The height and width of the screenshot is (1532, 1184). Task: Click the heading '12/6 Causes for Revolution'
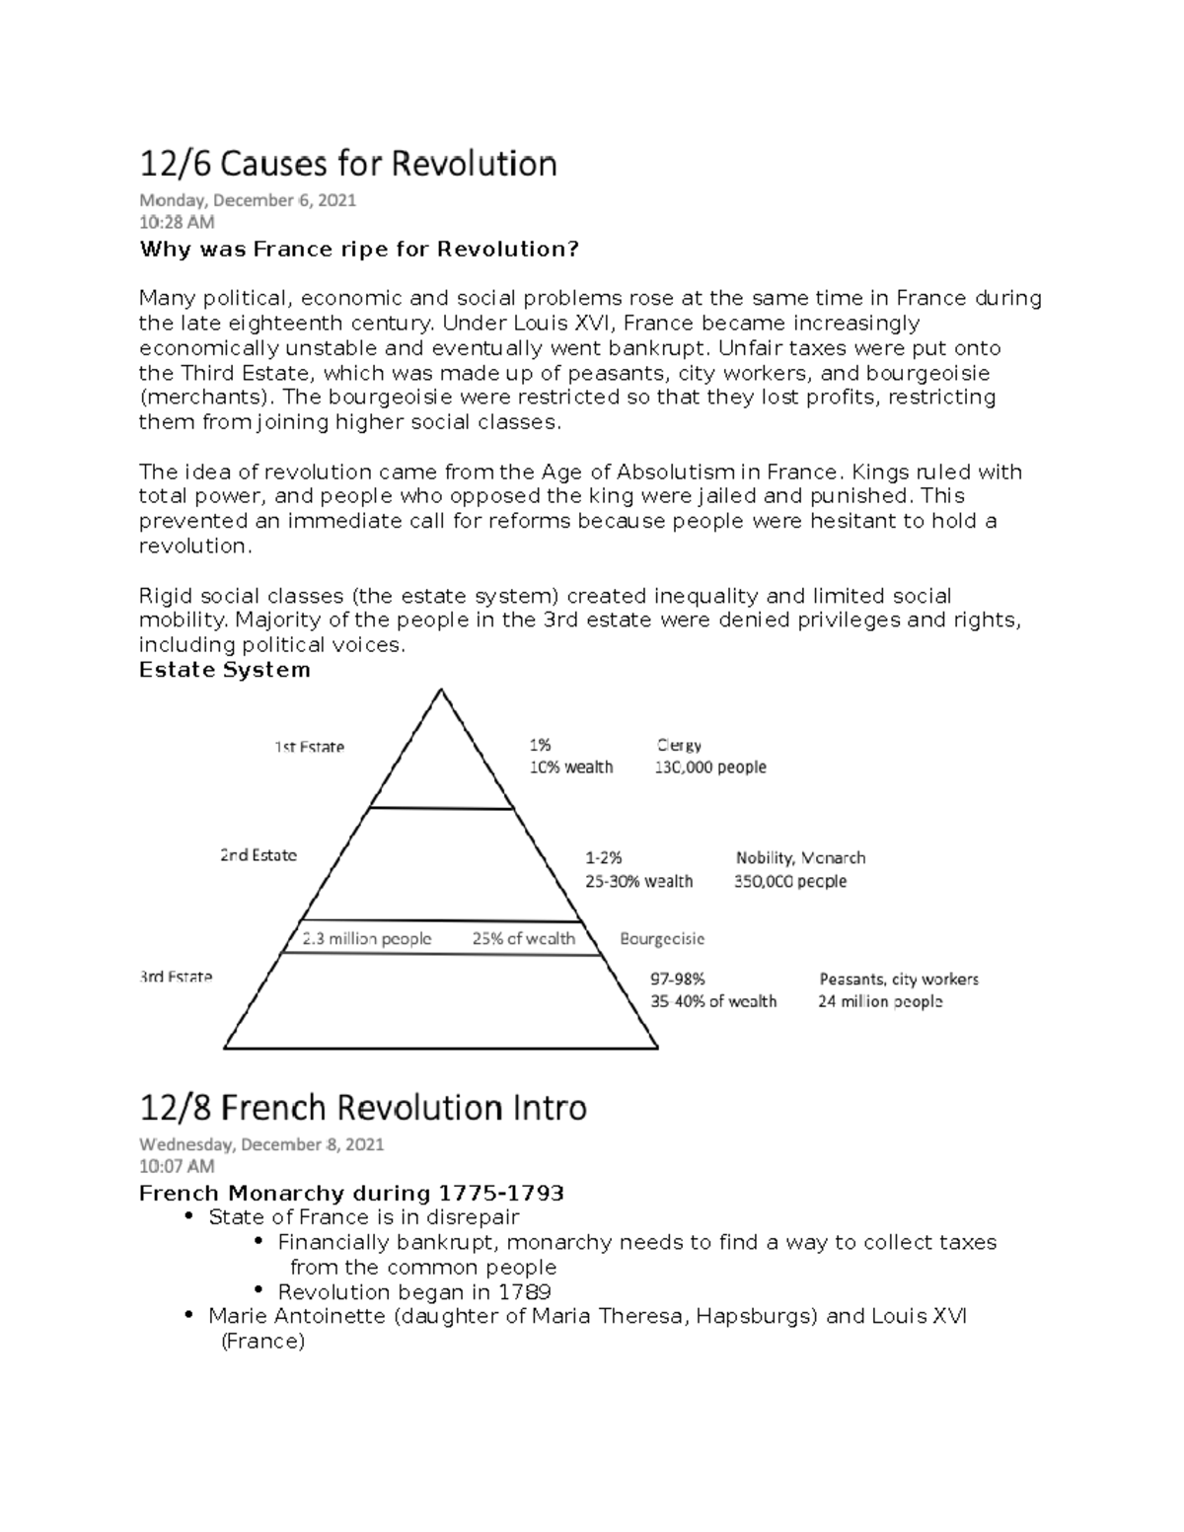point(347,163)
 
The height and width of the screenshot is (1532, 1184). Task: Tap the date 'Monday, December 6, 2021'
point(248,200)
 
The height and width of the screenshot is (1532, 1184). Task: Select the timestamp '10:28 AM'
point(177,223)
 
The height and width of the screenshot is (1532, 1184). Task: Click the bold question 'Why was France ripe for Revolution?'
point(358,249)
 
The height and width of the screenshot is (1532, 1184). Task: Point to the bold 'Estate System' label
point(225,670)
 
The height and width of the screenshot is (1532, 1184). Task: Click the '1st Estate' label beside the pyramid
point(309,747)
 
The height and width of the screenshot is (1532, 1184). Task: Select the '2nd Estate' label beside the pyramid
point(259,855)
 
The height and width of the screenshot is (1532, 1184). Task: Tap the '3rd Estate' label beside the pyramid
point(176,977)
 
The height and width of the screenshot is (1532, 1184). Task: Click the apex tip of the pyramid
point(440,691)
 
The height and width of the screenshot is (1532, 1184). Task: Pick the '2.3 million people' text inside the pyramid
point(367,938)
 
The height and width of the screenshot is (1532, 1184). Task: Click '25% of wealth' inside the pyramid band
point(523,938)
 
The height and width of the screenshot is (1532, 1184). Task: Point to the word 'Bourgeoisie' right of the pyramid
point(662,938)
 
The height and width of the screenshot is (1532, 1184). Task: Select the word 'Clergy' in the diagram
point(679,745)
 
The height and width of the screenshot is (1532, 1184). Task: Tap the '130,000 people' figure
point(710,766)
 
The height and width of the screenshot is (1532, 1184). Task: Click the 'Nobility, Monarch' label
point(800,858)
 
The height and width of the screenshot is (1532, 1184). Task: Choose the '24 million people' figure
point(880,1001)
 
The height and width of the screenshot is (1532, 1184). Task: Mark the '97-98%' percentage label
point(677,980)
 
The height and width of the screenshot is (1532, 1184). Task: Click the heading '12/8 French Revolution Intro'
point(363,1108)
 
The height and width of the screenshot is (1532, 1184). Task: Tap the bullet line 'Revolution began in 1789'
point(414,1292)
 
